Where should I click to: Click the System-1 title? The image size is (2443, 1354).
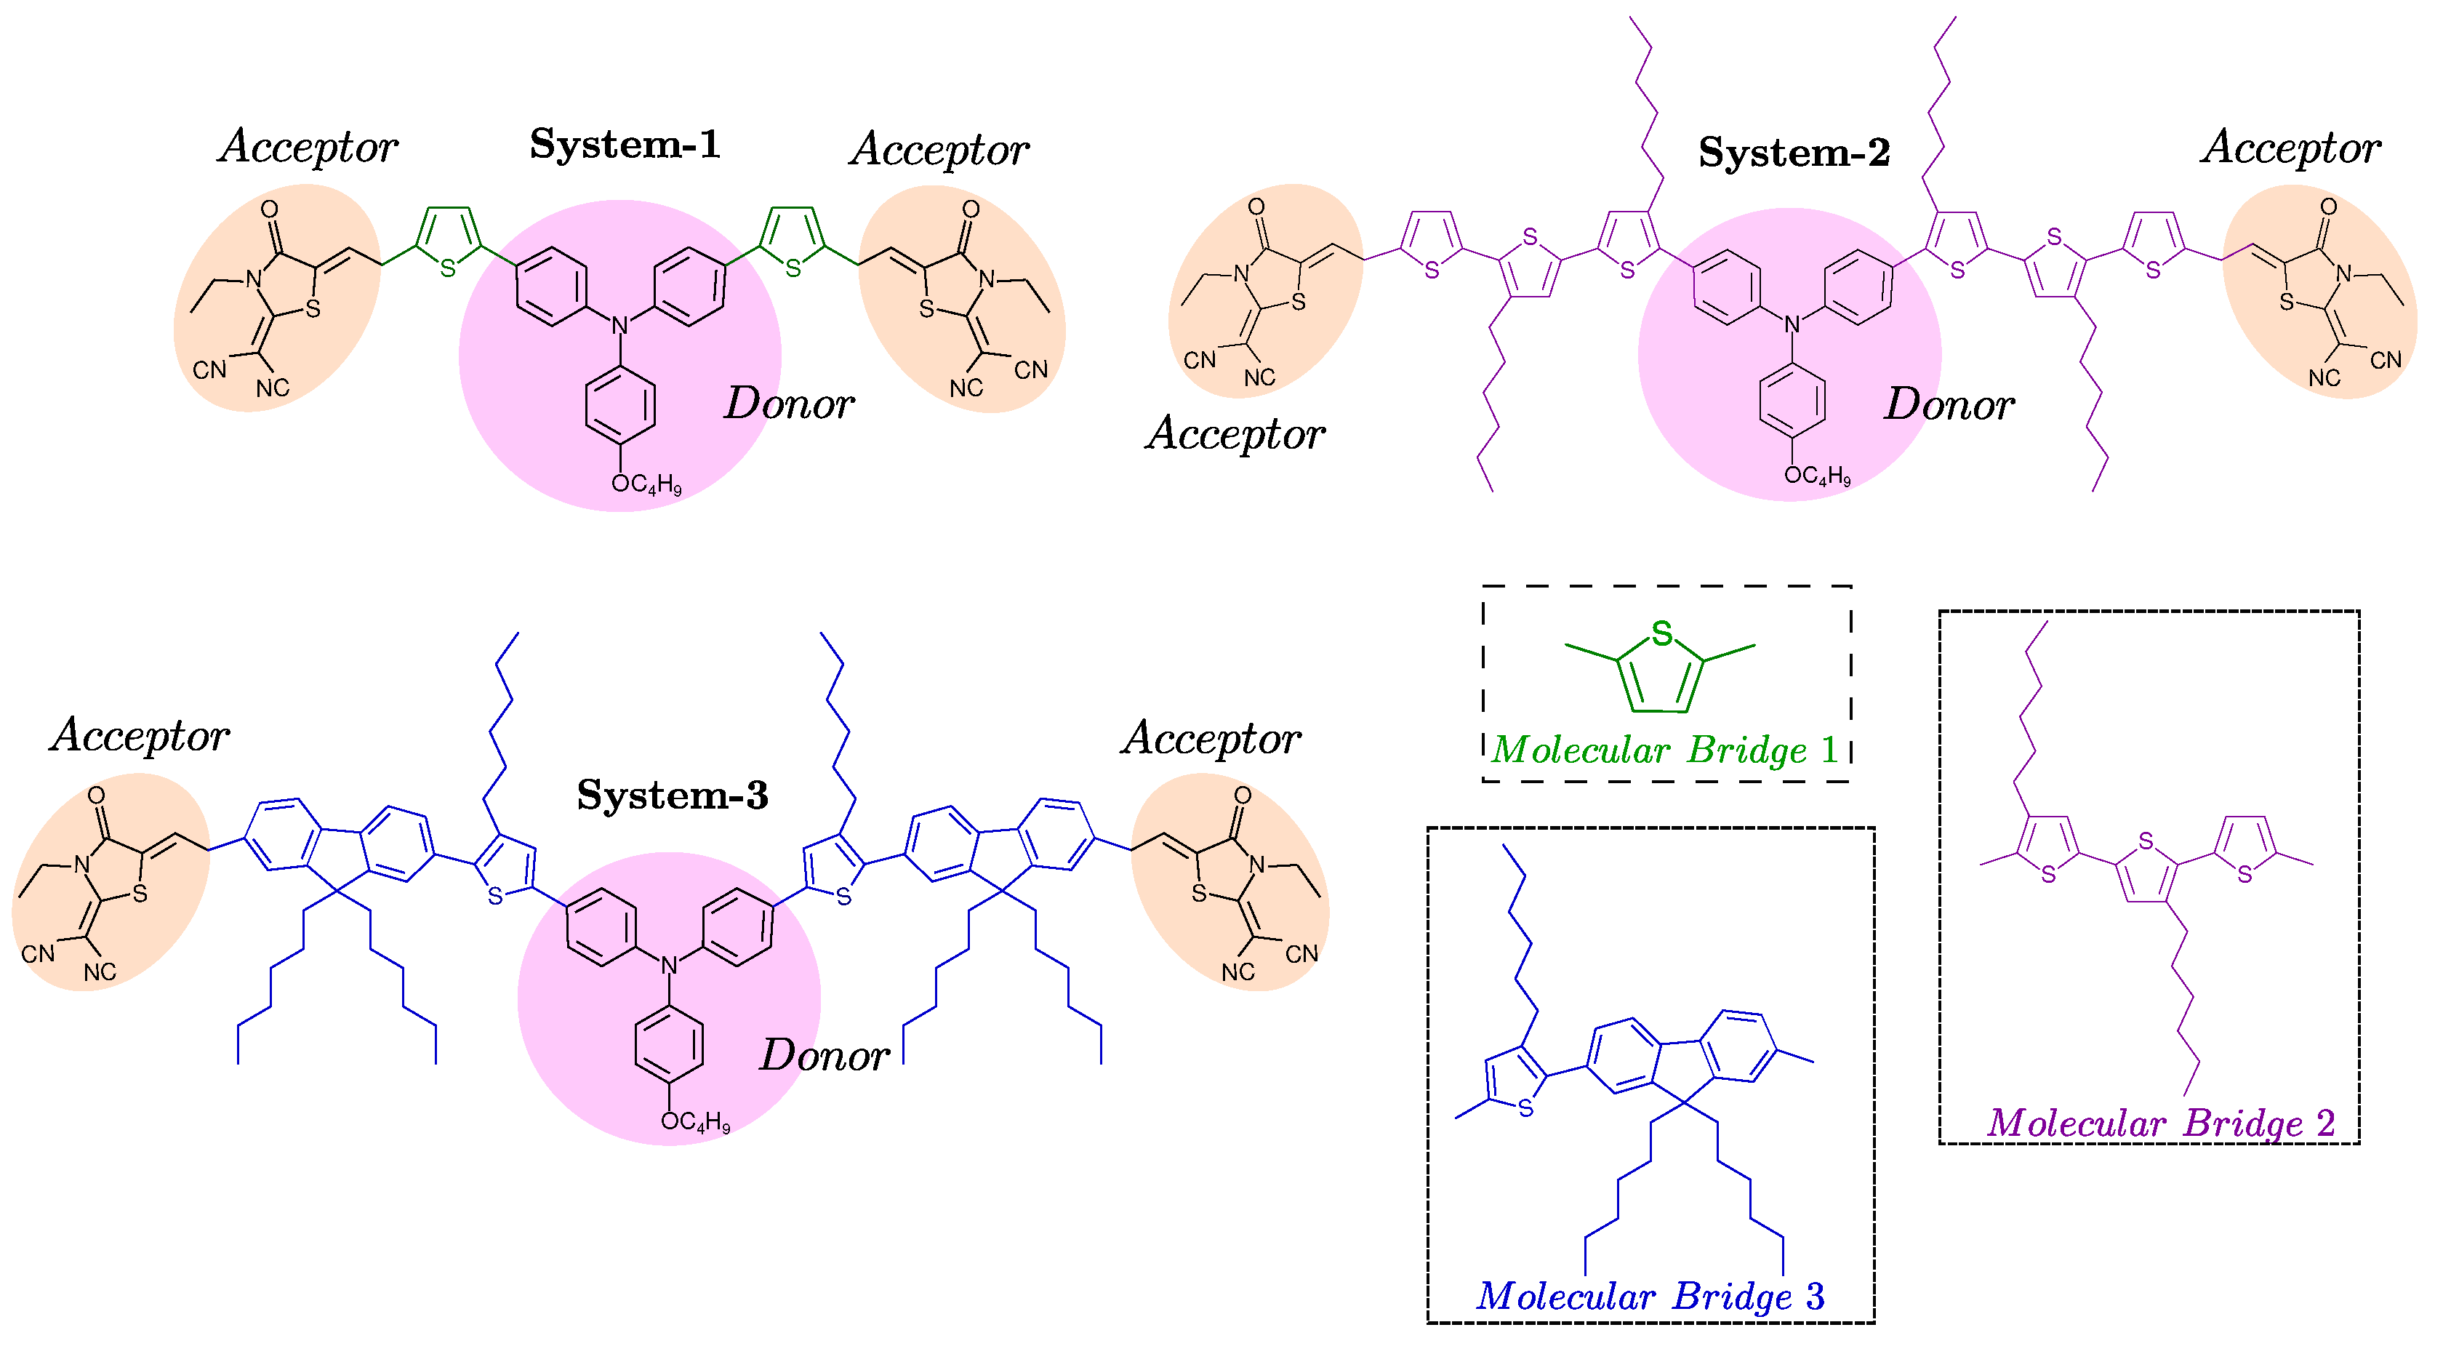point(625,144)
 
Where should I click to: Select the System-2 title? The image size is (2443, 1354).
point(1794,153)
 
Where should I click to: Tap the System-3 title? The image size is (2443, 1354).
point(673,795)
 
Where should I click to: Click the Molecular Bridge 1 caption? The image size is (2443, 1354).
point(1665,750)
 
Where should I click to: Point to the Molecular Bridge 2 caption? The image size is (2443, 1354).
point(2160,1123)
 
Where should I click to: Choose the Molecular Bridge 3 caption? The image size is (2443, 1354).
point(1650,1296)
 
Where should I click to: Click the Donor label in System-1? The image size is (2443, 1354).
point(789,404)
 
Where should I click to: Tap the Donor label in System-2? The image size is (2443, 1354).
point(1949,405)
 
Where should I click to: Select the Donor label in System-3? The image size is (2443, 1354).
point(824,1055)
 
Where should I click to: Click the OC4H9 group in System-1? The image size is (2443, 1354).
point(646,484)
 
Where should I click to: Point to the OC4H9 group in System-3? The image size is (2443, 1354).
point(695,1123)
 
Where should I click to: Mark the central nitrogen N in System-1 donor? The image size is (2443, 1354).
point(620,327)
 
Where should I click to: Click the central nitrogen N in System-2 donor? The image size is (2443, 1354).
point(1792,325)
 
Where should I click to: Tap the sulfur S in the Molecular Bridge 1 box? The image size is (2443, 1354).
point(1661,633)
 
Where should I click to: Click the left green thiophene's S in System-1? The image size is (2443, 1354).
point(448,269)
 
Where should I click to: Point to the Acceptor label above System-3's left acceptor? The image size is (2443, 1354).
point(140,736)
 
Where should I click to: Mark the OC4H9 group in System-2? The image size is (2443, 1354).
point(1817,475)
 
